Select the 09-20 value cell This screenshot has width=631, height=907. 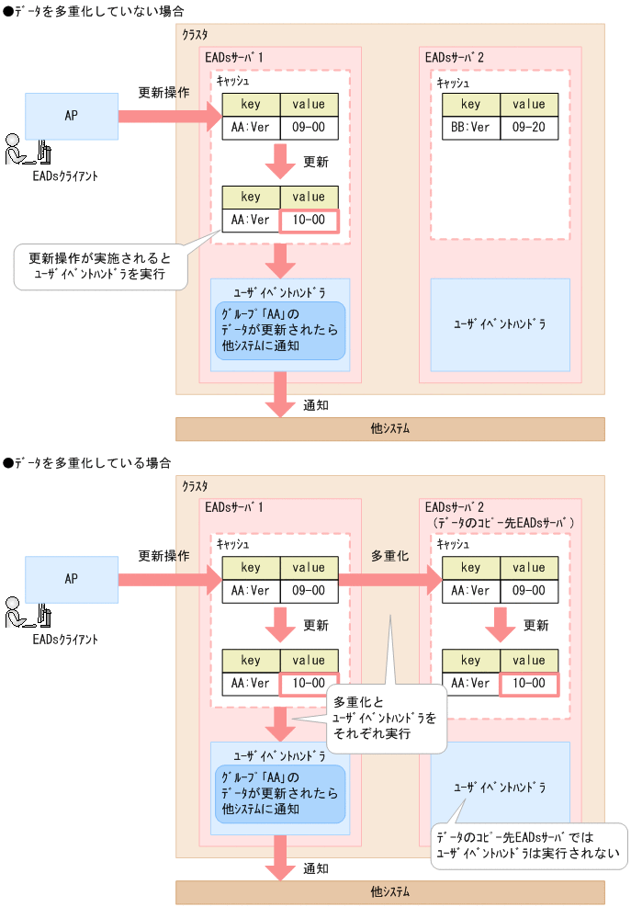[x=529, y=128]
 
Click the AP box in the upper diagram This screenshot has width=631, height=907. [x=72, y=116]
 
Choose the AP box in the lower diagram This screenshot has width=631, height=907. [x=72, y=579]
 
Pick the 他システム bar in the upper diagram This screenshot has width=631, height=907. [x=390, y=429]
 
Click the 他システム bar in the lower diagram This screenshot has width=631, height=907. [x=390, y=891]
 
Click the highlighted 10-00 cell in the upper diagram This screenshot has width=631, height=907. [x=309, y=221]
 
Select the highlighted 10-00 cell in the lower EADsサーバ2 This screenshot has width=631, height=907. [x=529, y=684]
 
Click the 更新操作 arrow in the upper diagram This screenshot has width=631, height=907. [x=169, y=116]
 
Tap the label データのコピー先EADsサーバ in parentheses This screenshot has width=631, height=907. [x=504, y=523]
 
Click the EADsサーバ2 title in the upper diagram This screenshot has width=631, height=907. [x=455, y=57]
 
